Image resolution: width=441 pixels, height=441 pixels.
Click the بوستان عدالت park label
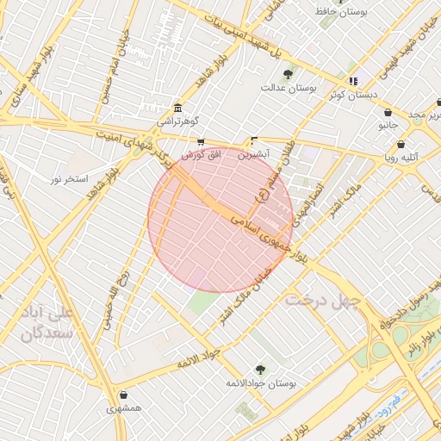289,87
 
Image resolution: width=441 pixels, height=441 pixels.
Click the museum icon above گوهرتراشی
177,108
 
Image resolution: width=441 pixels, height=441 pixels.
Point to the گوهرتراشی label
177,121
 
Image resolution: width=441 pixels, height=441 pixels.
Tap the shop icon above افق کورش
201,142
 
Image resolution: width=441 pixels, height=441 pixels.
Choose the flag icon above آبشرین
253,140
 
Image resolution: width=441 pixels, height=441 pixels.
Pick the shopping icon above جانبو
388,112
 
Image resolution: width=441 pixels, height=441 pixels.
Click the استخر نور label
69,178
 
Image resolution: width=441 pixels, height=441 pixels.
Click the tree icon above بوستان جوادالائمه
260,369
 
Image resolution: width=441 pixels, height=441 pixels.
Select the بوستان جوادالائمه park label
260,382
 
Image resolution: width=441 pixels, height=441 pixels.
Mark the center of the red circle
220,219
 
